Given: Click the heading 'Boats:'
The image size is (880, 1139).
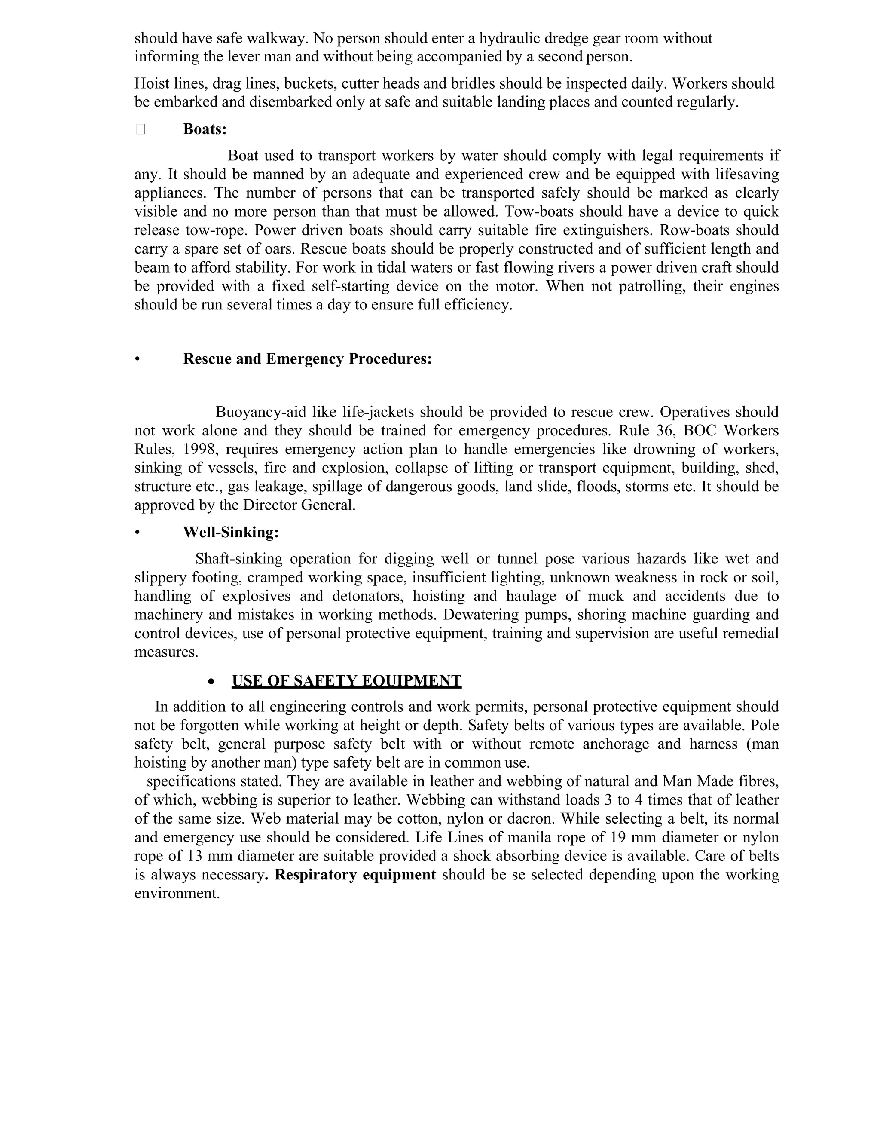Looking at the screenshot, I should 205,129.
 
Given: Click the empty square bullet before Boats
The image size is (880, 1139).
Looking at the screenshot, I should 140,129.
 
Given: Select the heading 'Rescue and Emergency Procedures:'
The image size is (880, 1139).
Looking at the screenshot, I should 307,359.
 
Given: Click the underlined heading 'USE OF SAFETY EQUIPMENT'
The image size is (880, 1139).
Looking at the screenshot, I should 346,680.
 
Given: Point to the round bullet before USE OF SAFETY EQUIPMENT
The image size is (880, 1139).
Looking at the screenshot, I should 211,682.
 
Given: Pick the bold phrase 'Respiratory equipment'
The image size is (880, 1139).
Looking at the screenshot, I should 355,875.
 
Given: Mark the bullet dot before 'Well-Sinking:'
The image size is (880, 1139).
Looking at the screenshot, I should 137,533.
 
